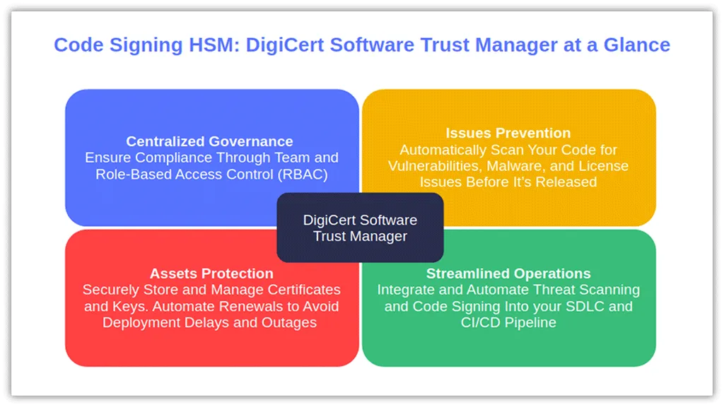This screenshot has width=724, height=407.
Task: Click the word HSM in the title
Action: click(x=214, y=45)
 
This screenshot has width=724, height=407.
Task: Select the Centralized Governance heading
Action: click(x=209, y=141)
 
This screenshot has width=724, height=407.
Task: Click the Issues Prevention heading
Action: click(x=508, y=133)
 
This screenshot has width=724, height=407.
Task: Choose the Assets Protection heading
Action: click(x=211, y=273)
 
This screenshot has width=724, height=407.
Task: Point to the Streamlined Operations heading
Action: click(x=508, y=273)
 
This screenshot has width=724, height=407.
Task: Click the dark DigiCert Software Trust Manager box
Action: click(x=360, y=228)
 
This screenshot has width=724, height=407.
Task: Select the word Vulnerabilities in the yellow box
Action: click(x=435, y=165)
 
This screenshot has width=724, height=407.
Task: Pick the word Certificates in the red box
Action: click(x=304, y=289)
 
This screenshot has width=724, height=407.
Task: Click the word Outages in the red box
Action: click(x=289, y=322)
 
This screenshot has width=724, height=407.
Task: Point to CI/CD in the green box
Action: click(x=481, y=322)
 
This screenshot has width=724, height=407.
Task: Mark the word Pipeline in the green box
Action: click(x=530, y=322)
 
